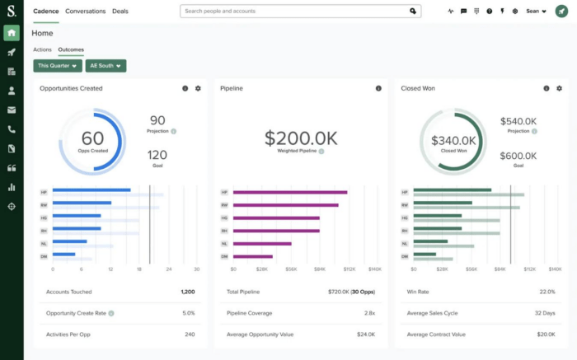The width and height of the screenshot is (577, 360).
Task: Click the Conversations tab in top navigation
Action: pos(85,12)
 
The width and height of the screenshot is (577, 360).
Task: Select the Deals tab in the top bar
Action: pos(120,12)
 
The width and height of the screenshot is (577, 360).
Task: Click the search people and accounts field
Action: pos(297,12)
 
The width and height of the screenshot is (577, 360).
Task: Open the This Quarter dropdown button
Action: pos(57,65)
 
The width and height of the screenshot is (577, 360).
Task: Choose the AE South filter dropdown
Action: pos(106,65)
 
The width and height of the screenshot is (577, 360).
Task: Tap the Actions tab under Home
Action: pos(42,49)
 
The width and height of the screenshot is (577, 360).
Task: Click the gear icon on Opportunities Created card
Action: pos(198,88)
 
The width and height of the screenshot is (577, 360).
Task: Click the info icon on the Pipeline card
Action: pos(378,88)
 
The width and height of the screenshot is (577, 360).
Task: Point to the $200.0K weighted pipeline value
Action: pos(300,138)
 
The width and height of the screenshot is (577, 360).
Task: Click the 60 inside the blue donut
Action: pos(92,138)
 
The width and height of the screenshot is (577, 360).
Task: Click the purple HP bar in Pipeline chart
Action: pos(289,192)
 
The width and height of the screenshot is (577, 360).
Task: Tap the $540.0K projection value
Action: pos(518,121)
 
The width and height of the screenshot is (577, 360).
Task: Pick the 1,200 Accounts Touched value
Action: pos(188,292)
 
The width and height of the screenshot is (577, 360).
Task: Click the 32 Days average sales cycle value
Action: pos(544,313)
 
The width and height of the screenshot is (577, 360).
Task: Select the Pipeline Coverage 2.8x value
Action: pos(370,313)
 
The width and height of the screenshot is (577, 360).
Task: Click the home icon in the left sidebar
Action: pos(12,32)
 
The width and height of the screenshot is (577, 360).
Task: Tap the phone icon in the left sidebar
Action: pos(12,129)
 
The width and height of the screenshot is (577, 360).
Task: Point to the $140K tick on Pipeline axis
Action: pos(374,269)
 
